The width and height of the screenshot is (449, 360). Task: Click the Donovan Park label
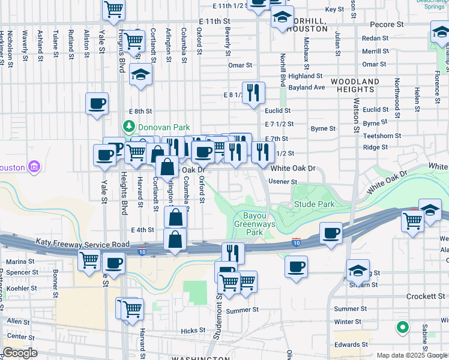click(x=164, y=127)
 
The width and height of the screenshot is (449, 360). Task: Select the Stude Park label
click(x=315, y=205)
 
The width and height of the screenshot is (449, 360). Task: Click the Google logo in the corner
click(x=19, y=353)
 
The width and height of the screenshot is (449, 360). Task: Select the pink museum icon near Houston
click(x=34, y=166)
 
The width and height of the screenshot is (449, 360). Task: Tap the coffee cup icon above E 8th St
click(x=97, y=104)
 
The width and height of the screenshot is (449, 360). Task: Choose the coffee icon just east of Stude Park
click(x=331, y=233)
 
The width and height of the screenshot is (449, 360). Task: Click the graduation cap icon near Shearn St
click(x=358, y=270)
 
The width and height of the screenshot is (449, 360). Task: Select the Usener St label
click(x=283, y=181)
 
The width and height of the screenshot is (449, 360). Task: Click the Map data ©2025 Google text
click(x=412, y=355)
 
